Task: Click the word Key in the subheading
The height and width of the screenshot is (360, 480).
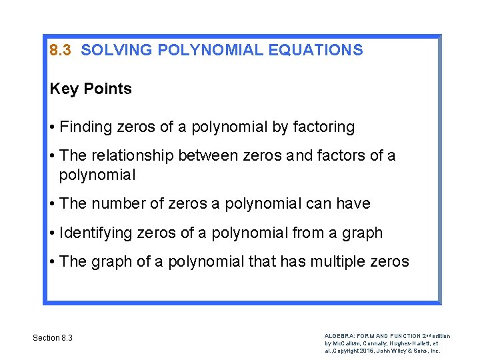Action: pos(64,89)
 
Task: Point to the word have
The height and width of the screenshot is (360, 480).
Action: pos(353,204)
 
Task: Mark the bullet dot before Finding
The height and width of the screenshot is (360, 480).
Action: pos(52,127)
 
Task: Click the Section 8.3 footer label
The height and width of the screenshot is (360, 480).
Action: pos(53,338)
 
